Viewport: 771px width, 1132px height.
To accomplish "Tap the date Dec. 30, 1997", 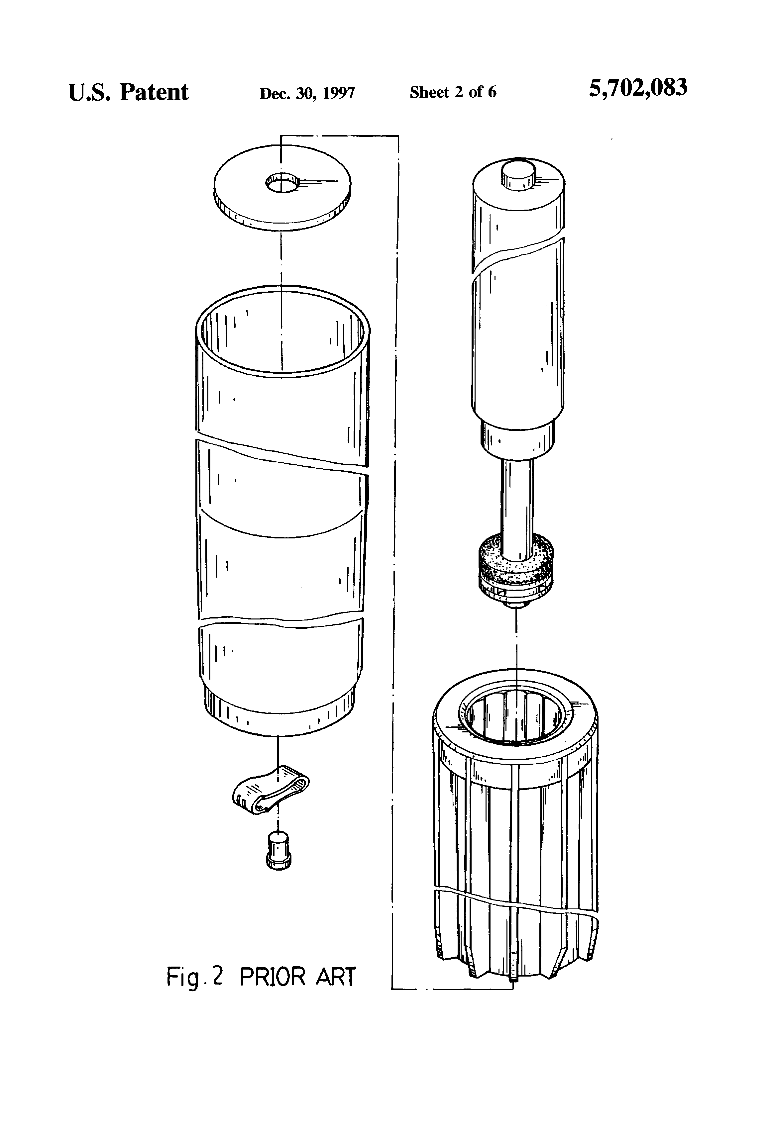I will [x=307, y=93].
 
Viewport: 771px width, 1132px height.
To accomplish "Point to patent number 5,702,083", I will [x=638, y=88].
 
